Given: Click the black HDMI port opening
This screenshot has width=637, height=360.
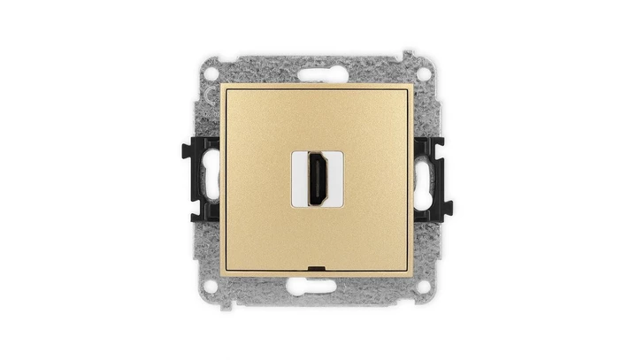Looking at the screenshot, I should pyautogui.click(x=317, y=180).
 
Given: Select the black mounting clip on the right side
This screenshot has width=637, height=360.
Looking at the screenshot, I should pyautogui.click(x=434, y=180).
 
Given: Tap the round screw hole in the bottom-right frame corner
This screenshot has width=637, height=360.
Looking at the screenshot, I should pyautogui.click(x=424, y=286).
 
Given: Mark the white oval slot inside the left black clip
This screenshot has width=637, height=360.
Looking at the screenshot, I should pyautogui.click(x=210, y=180).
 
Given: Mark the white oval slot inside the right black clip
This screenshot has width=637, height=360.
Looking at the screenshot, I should pyautogui.click(x=426, y=180).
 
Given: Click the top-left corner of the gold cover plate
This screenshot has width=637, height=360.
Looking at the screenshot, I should pyautogui.click(x=221, y=85).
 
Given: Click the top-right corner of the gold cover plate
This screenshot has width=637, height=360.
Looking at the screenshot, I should pyautogui.click(x=414, y=85).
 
